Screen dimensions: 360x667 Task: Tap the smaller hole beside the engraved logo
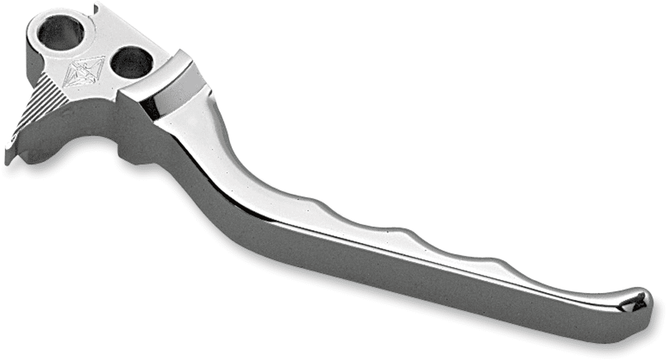[131, 63]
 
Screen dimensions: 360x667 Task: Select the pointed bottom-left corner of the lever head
[8, 160]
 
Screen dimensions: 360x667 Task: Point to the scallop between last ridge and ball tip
[562, 284]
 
